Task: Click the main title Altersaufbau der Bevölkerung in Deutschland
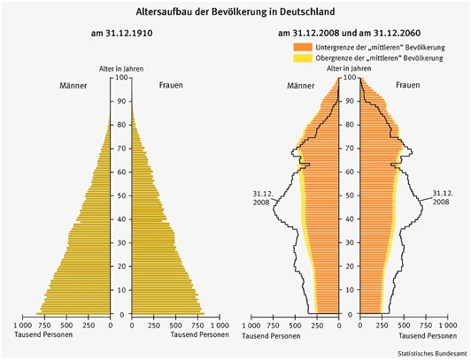pos(235,11)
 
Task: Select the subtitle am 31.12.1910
pos(121,33)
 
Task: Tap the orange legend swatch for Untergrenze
pos(303,47)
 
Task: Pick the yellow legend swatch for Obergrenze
pos(303,57)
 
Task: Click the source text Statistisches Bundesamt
pos(433,354)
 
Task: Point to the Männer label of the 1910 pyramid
pos(73,86)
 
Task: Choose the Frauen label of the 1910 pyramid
pos(171,85)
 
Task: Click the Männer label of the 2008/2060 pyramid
pos(301,86)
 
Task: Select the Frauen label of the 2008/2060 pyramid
pos(407,85)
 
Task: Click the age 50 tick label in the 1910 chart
pos(121,195)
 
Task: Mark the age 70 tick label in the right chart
pos(349,149)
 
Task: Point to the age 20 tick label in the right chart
pos(349,266)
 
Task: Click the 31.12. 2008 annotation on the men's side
pos(263,198)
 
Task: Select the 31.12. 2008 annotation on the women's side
pos(443,197)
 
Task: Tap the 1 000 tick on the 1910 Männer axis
pos(22,326)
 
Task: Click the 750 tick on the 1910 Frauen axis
pos(197,326)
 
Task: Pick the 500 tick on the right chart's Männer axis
pos(295,326)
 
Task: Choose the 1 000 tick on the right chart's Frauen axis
pos(448,326)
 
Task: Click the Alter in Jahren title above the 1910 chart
pos(121,69)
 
